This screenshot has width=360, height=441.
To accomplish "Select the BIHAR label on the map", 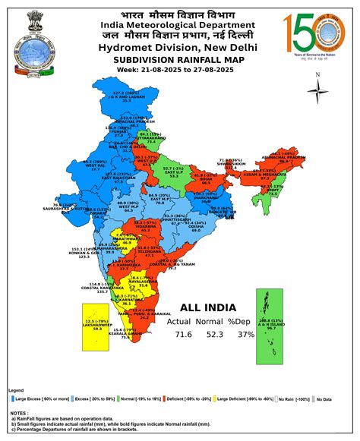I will click(201, 179).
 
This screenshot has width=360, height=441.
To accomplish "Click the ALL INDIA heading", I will click(208, 309).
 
